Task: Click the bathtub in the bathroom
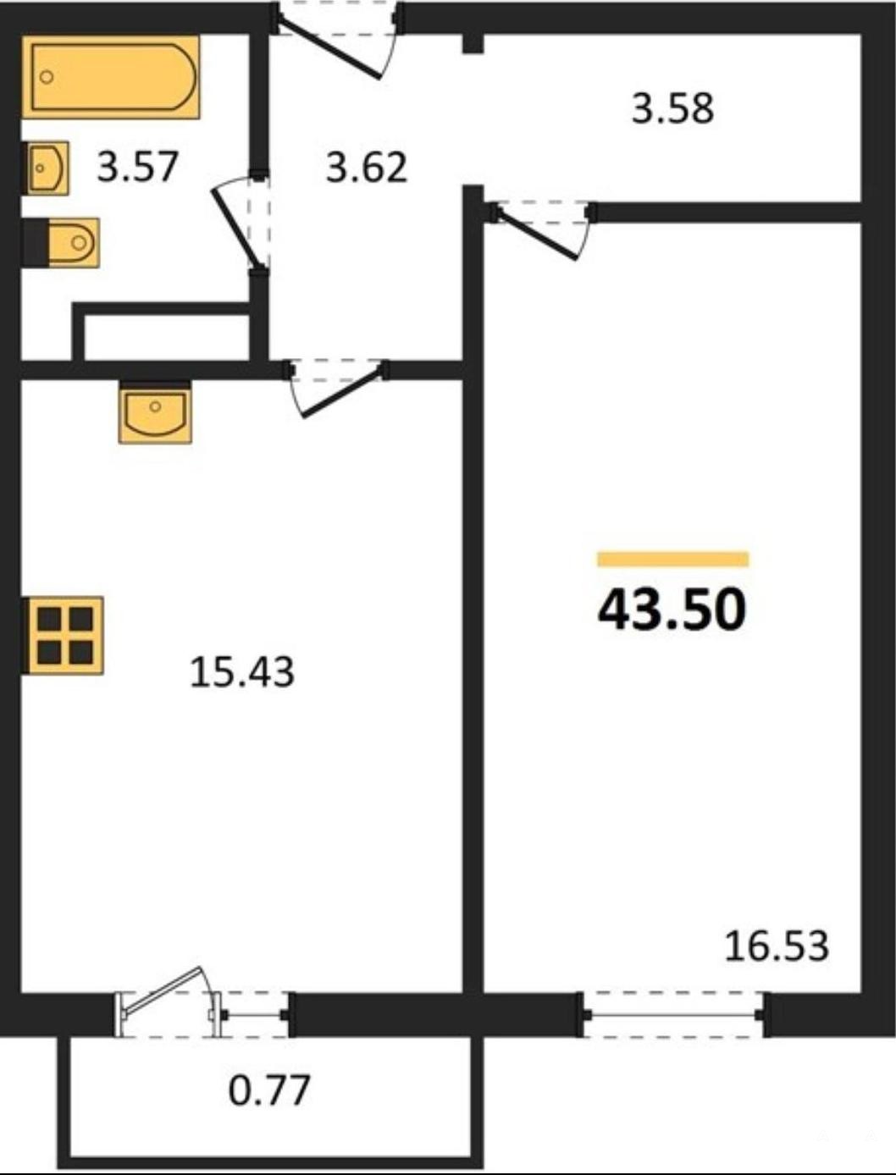coord(111,77)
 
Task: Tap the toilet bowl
coord(74,242)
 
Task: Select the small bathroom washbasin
coord(47,168)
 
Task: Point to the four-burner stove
coord(64,636)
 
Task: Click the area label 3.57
coord(137,167)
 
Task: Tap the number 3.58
coord(672,108)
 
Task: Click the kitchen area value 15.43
coord(242,672)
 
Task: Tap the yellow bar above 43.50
coord(673,559)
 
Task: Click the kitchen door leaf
coord(343,394)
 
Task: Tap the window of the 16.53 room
coord(673,1014)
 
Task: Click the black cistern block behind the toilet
coord(36,242)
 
